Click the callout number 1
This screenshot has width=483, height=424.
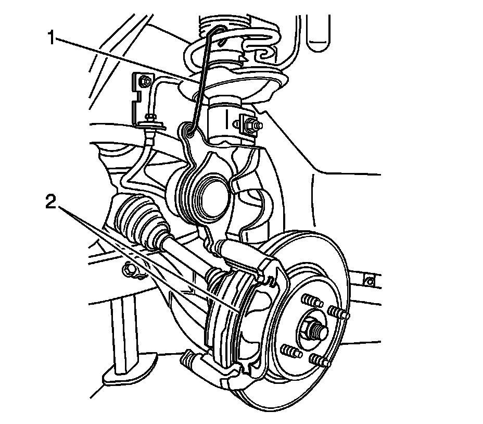click(x=51, y=38)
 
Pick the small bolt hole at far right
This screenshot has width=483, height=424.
click(x=370, y=282)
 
